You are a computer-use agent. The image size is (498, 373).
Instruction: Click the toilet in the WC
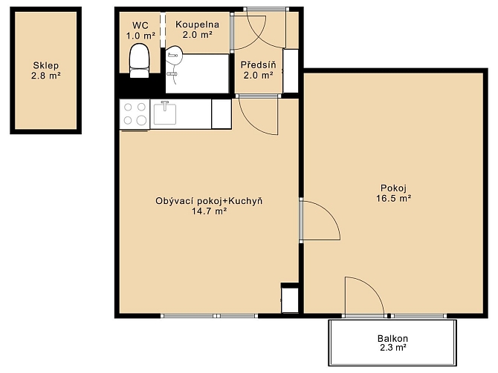(x=139, y=61)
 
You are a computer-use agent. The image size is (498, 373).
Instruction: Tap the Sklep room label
(x=46, y=65)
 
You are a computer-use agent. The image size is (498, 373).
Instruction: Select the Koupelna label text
(x=197, y=24)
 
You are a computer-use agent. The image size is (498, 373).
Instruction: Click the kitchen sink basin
(x=165, y=113)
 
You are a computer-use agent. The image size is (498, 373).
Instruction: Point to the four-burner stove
(x=135, y=113)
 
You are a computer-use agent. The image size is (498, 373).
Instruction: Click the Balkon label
(x=392, y=338)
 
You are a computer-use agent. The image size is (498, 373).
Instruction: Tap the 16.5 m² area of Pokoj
(x=394, y=199)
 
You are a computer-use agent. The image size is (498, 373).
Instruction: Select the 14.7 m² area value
(x=209, y=211)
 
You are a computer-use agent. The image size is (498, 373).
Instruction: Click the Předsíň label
(x=258, y=65)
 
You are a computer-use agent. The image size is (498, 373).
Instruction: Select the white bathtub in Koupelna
(x=197, y=73)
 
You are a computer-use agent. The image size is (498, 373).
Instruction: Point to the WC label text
(x=140, y=25)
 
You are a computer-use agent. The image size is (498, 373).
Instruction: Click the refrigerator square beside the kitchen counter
(x=221, y=113)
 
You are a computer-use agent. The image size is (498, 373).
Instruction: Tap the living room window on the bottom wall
(x=210, y=316)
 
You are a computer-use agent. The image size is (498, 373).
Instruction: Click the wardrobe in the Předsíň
(x=291, y=71)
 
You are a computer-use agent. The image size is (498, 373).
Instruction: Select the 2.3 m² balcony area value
(x=393, y=348)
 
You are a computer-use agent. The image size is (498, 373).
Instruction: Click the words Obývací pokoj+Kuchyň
(x=209, y=201)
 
